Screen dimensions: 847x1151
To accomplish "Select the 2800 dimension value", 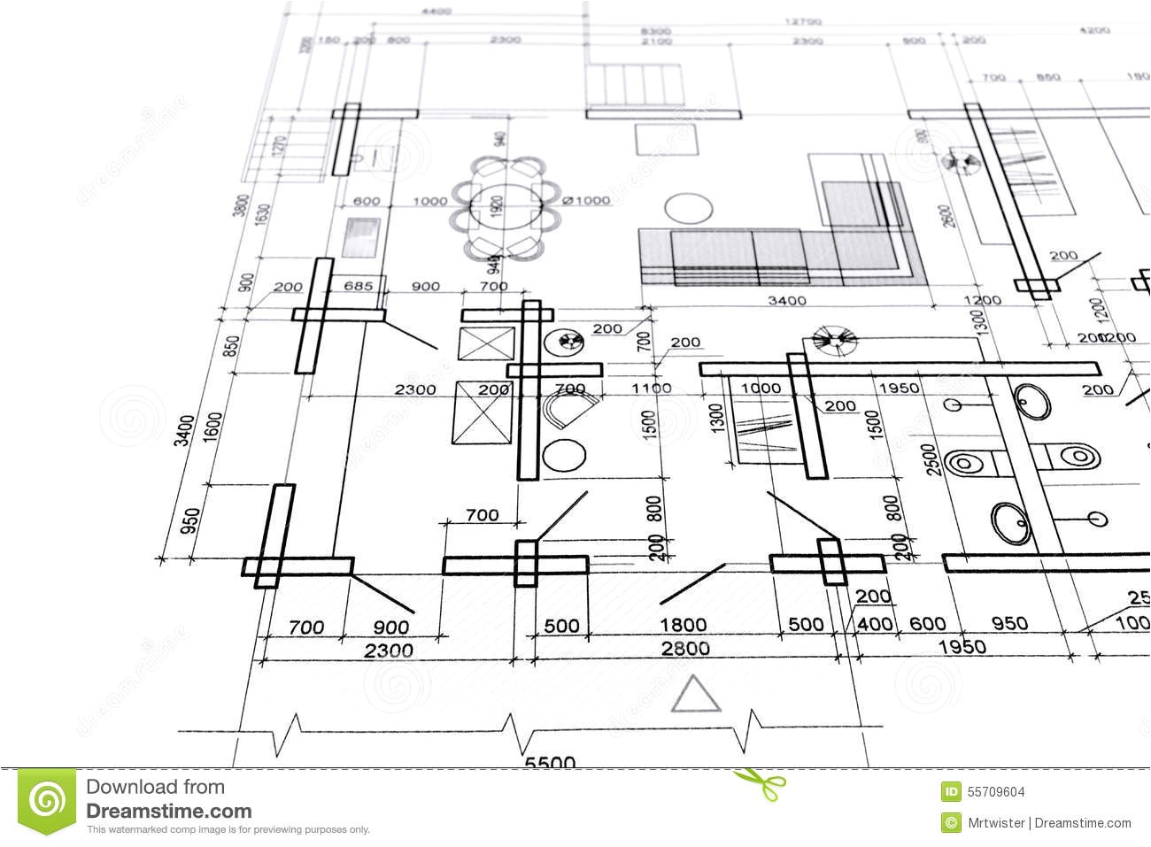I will (x=684, y=649).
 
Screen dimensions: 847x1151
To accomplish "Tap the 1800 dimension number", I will (x=683, y=625).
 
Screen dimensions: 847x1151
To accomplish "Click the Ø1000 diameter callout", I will (x=585, y=201).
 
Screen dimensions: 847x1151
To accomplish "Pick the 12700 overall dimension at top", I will (x=802, y=19).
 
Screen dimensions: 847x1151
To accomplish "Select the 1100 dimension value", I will (x=651, y=388).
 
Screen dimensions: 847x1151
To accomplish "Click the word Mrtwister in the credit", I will (x=996, y=823).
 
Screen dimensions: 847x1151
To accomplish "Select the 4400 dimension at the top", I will (x=436, y=11).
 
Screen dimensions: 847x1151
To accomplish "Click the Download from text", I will (x=155, y=787).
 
